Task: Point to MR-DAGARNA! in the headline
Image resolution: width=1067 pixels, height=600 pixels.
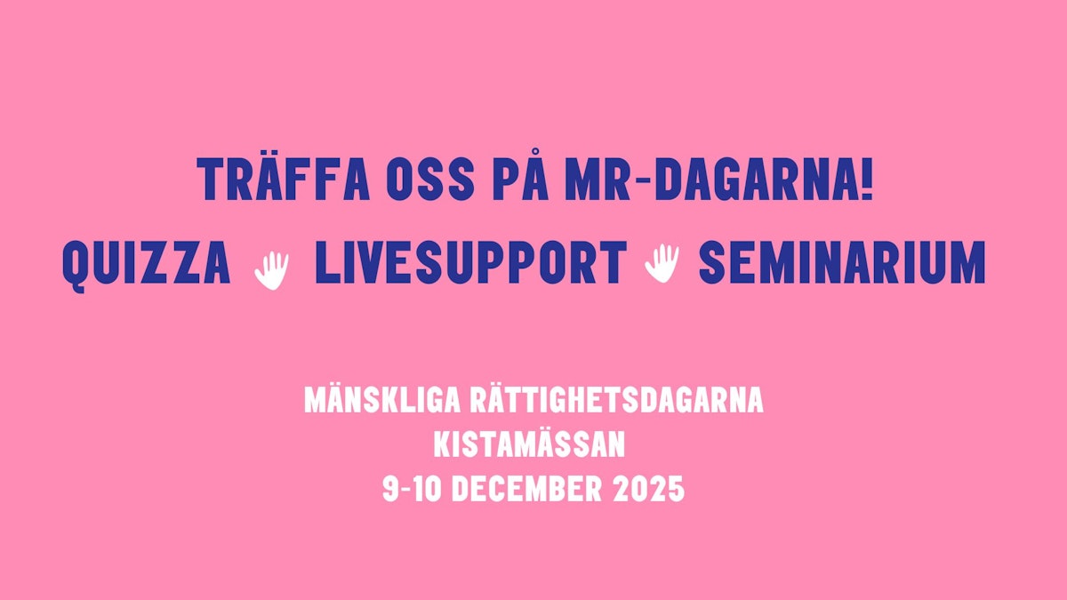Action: pyautogui.click(x=718, y=180)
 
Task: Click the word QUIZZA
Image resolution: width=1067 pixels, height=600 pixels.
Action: pyautogui.click(x=147, y=264)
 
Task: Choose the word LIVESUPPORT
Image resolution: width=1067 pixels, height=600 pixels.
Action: pyautogui.click(x=469, y=264)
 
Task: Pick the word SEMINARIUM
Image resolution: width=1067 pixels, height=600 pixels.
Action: pyautogui.click(x=842, y=264)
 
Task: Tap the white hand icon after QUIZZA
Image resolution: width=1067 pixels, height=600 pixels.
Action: pyautogui.click(x=272, y=268)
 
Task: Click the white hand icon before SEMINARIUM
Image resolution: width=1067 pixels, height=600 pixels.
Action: pyautogui.click(x=661, y=263)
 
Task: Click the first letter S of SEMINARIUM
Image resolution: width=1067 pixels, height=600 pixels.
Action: pyautogui.click(x=712, y=264)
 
